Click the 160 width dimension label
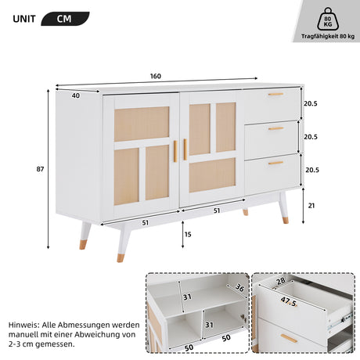[156, 76]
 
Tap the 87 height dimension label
[40, 169]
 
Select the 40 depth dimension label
[76, 95]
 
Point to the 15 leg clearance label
[188, 234]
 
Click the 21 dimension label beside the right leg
[311, 206]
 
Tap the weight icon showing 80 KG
[328, 19]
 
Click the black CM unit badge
[65, 19]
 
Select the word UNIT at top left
[24, 19]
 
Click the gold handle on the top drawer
[275, 94]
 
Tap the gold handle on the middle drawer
[275, 128]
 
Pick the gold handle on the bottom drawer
[275, 163]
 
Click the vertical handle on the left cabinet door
[175, 151]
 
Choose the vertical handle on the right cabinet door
[185, 149]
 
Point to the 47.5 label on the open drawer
[289, 301]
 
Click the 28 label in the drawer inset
[281, 281]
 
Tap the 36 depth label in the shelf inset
[239, 287]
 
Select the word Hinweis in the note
[23, 325]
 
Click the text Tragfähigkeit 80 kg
[328, 36]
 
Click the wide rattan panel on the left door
[142, 124]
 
